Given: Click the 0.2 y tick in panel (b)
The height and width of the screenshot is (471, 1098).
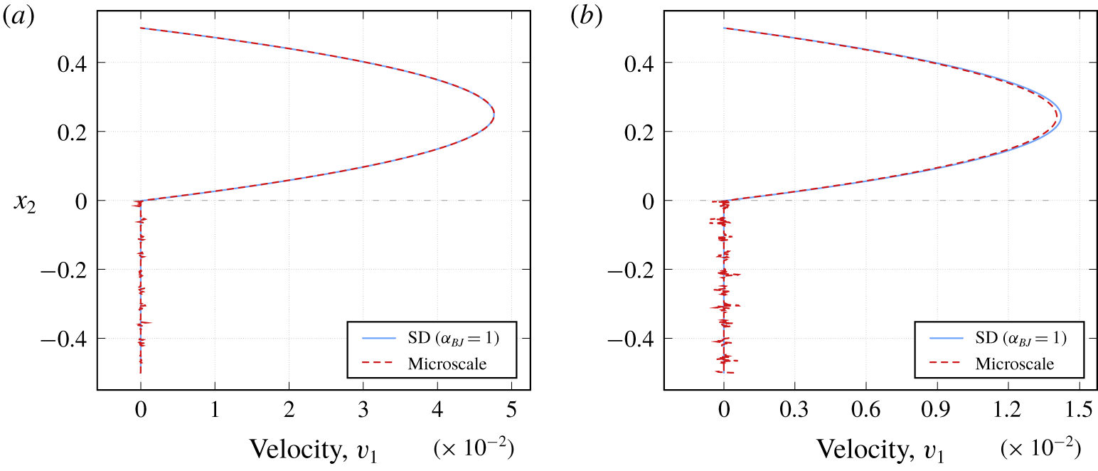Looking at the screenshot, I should point(639,132).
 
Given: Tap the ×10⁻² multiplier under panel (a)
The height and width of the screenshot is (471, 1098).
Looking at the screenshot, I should point(473,448).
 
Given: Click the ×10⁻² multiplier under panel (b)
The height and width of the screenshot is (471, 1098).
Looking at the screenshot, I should point(1040,448).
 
